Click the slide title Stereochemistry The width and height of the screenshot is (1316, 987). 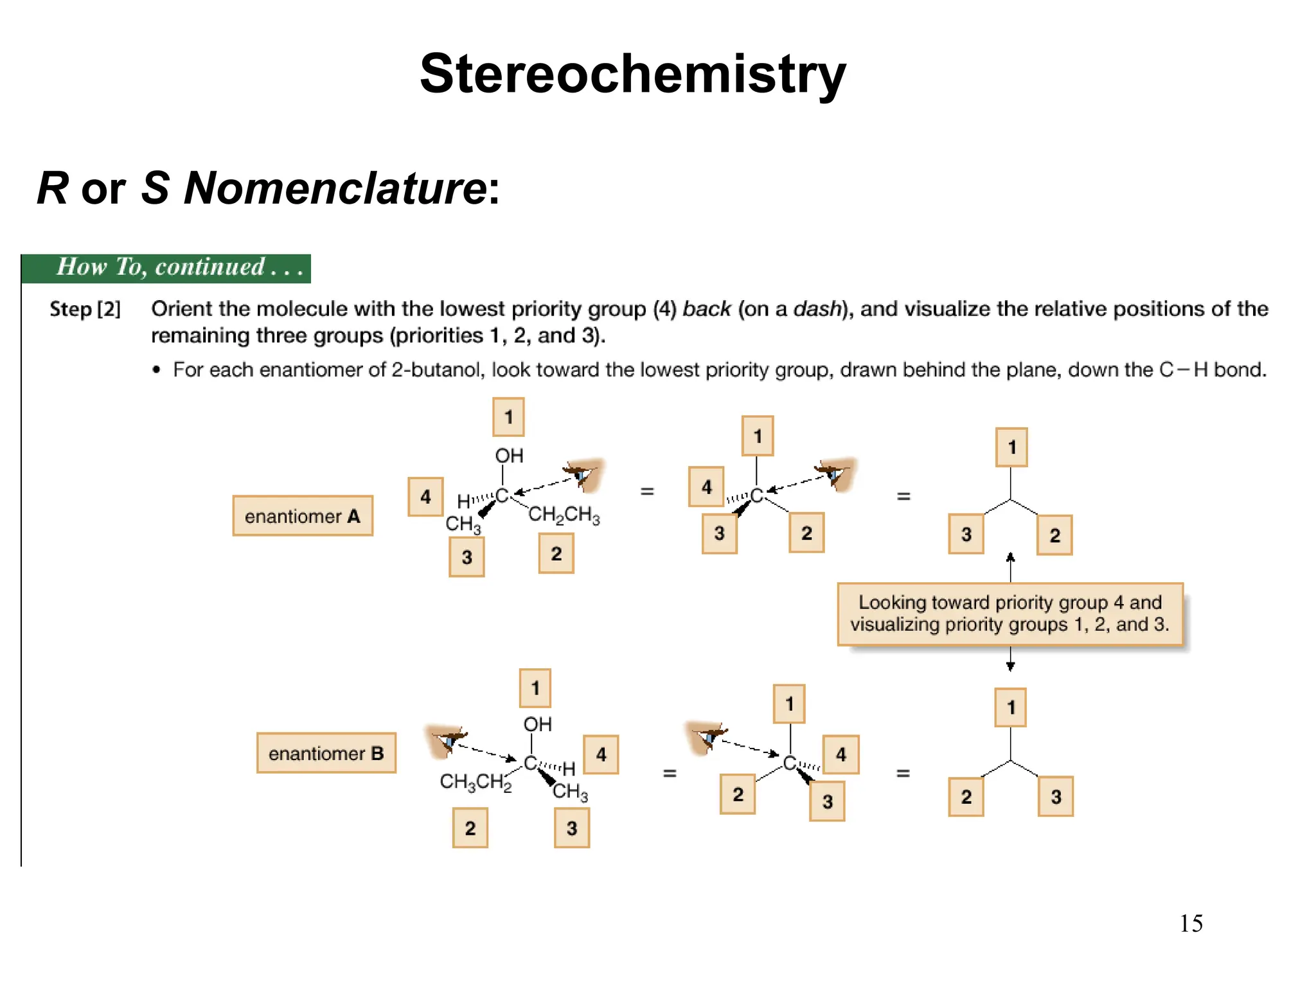pos(632,74)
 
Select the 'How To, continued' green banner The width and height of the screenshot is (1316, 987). pos(166,268)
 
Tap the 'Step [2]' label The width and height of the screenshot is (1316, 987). pos(85,309)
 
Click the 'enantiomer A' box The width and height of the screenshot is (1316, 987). pos(303,516)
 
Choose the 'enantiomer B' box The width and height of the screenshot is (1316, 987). pos(326,753)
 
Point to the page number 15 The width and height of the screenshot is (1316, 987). pos(1191,923)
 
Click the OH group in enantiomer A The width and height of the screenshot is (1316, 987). pos(509,456)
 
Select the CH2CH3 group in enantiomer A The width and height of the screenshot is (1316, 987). pos(564,515)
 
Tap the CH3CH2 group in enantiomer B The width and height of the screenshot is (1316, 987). pos(476,782)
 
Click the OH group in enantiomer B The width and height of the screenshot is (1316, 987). pos(537,724)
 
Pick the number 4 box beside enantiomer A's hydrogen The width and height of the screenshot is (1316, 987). pos(425,497)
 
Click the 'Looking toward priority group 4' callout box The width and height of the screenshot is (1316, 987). pos(1010,614)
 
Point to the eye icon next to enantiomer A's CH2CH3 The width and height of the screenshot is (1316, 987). pos(583,474)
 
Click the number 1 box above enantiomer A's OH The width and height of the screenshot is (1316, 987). pos(508,417)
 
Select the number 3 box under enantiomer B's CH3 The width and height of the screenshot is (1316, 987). pos(572,828)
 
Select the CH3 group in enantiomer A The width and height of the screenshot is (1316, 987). pos(463,524)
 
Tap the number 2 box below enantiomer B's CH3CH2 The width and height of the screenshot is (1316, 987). pos(470,828)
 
